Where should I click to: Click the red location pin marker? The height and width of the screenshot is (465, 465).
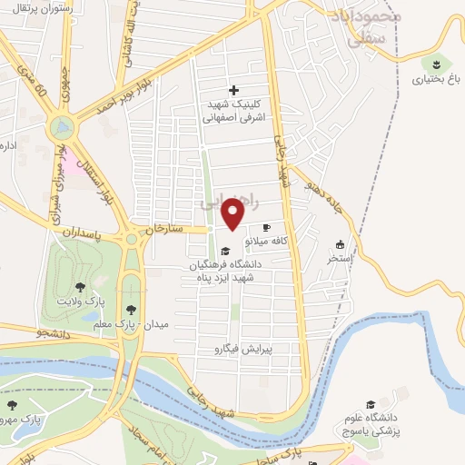(234, 213)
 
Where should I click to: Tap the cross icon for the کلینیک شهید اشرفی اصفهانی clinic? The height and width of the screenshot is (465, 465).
(234, 90)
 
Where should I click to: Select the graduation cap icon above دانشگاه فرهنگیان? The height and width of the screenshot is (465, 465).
(225, 251)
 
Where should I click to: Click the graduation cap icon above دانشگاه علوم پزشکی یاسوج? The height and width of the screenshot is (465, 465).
(370, 404)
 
